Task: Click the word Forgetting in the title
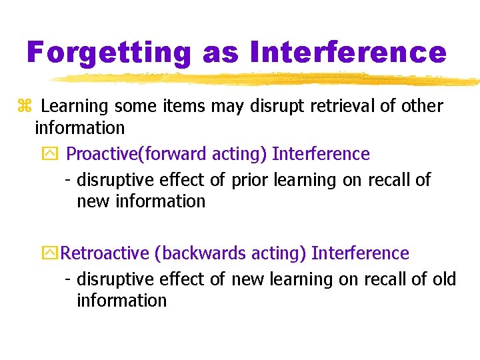109,51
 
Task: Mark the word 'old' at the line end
444,279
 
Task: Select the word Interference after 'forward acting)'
321,154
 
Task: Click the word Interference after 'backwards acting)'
360,253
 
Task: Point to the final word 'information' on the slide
121,300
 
